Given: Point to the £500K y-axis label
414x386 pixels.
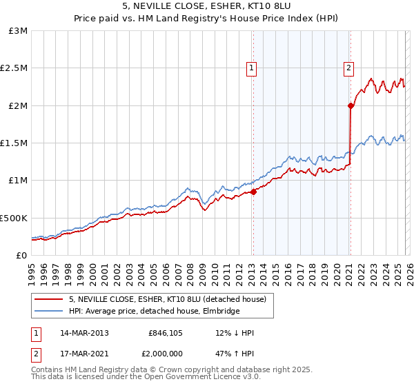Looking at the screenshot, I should [x=13, y=218].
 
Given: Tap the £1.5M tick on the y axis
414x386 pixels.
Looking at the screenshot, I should [x=14, y=143].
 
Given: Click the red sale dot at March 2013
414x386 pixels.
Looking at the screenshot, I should [x=253, y=192].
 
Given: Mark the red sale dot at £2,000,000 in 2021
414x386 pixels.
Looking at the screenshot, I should [x=351, y=105].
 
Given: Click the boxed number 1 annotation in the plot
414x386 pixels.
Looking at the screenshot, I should [x=250, y=68].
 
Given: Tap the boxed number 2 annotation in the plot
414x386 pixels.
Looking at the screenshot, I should [x=349, y=68].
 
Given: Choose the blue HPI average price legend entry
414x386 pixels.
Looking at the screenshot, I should [x=154, y=311].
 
